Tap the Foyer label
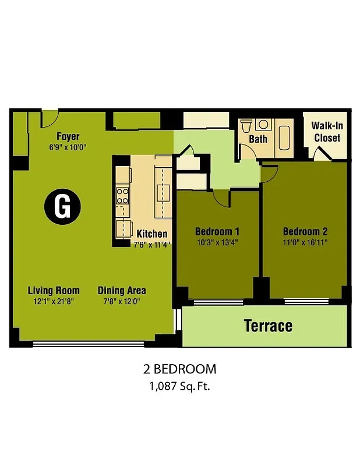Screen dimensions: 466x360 (68, 137)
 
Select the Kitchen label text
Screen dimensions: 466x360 (152, 234)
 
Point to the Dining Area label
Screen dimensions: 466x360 (122, 290)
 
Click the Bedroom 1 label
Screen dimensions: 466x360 (217, 231)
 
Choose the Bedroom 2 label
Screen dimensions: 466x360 (305, 231)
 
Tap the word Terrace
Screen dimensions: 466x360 (268, 325)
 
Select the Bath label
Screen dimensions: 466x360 (258, 139)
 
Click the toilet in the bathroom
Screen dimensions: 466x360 (246, 125)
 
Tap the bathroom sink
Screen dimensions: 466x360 (263, 124)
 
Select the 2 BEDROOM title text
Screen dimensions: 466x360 (179, 369)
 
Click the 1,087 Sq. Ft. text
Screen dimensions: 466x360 (179, 385)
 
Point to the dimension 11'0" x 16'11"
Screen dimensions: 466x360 (305, 242)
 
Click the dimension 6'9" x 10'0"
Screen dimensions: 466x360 (68, 147)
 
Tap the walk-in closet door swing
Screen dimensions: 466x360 (321, 154)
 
